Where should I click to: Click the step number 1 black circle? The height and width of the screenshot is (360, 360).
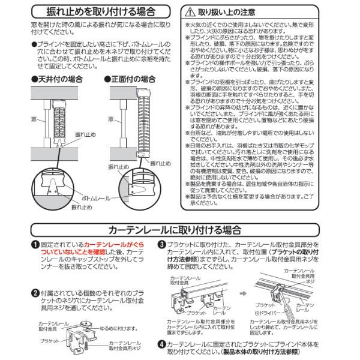[x=35, y=245]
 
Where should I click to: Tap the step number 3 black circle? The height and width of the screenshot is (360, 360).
[x=161, y=245]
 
